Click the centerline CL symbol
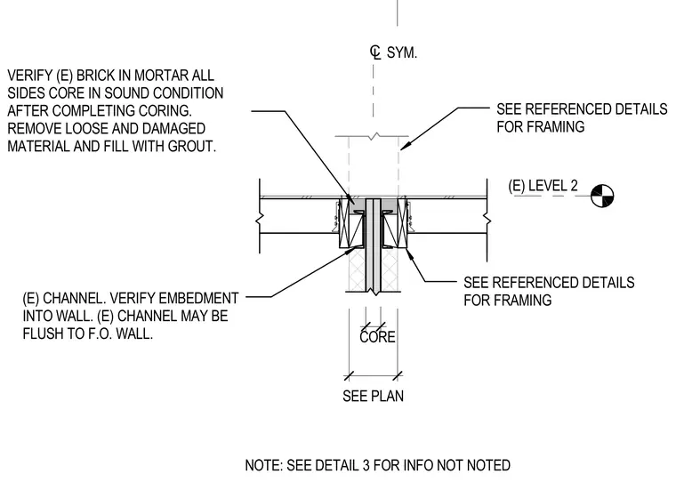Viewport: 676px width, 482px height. coord(375,52)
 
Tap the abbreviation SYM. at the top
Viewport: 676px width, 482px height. coord(402,52)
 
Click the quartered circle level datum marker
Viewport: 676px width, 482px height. coord(602,196)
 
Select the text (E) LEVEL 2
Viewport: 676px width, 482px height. coord(543,186)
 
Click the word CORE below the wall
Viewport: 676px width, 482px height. coord(377,337)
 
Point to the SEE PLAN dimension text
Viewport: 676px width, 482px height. coord(373,396)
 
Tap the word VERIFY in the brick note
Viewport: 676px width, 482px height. coord(29,76)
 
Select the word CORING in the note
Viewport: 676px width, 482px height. coord(165,111)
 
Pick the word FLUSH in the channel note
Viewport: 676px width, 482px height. coord(43,333)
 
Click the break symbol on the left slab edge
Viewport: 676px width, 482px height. coord(260,220)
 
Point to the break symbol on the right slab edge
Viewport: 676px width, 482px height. coord(487,220)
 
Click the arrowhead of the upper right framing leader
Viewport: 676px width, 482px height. coord(405,146)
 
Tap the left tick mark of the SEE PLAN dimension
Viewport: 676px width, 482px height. coord(350,376)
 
